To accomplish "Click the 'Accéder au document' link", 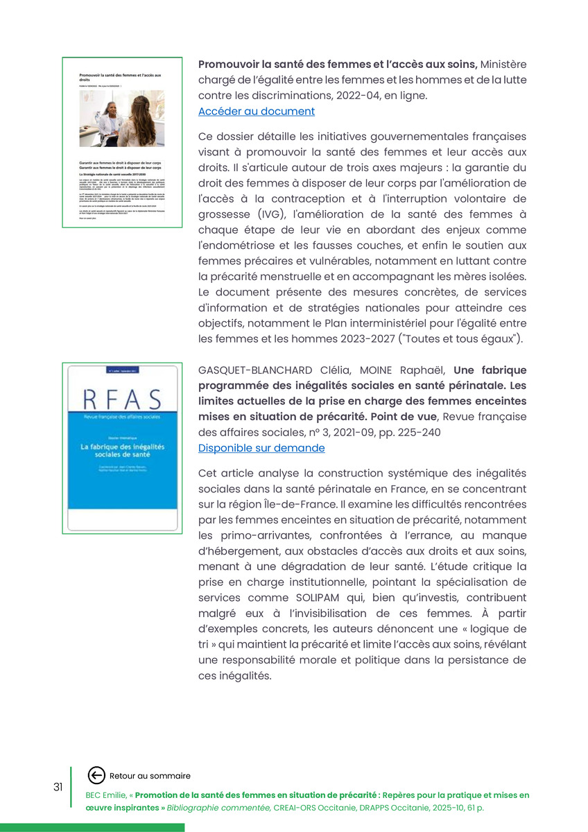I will point(256,112).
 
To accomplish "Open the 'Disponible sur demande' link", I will point(261,449).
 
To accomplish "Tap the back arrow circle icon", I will point(97,775).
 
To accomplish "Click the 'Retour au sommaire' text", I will point(150,776).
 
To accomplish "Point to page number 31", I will point(58,787).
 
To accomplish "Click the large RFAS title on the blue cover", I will point(121,401).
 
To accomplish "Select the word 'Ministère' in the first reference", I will point(503,64).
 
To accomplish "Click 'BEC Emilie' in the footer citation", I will point(105,795).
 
